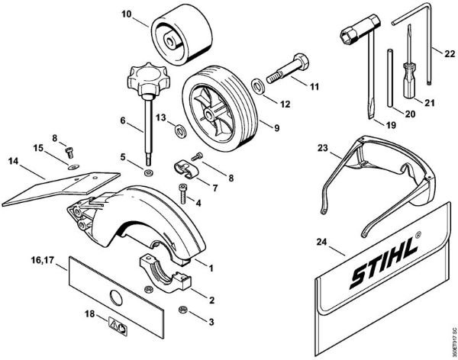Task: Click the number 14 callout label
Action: pos(11,161)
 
